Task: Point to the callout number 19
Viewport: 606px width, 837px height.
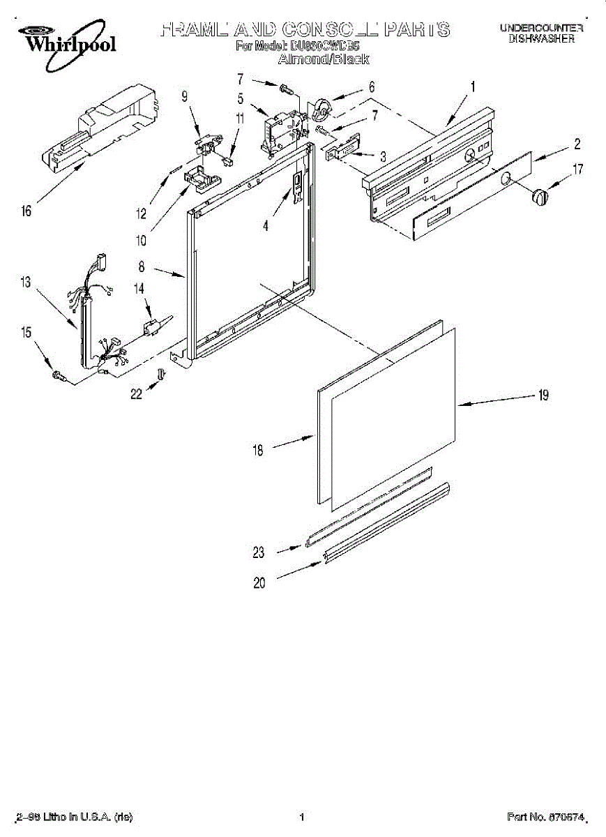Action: (543, 395)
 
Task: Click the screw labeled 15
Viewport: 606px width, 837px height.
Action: (59, 377)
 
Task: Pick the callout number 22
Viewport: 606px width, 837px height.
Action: (136, 395)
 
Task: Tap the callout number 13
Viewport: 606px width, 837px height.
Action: (26, 282)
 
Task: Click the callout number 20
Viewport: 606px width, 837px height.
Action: (259, 583)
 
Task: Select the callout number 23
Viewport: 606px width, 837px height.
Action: (259, 552)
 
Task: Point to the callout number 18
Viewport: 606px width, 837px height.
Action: (258, 451)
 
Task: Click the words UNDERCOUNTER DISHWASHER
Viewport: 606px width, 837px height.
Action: (540, 33)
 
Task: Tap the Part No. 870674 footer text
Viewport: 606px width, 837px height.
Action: (544, 817)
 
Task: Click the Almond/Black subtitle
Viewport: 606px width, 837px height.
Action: (323, 60)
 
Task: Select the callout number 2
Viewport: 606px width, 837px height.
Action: (577, 144)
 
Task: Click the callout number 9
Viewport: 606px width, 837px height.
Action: (185, 97)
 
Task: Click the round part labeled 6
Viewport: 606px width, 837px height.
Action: (322, 108)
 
